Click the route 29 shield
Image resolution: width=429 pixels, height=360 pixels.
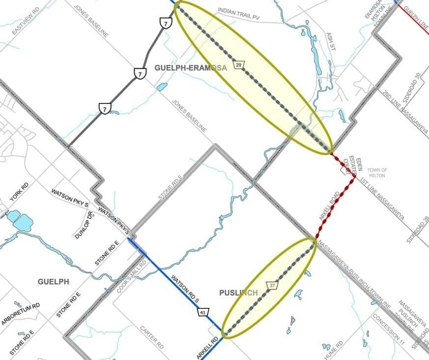pos(238,65)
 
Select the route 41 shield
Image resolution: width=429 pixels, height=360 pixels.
pos(203,313)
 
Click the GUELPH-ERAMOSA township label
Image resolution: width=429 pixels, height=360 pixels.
pos(191,68)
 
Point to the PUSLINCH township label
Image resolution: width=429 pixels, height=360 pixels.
pos(238,293)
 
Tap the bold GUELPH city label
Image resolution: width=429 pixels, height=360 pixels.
pos(53,282)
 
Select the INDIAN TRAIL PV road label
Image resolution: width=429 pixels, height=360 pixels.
pos(238,13)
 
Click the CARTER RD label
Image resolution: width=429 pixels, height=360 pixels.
pos(152,337)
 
